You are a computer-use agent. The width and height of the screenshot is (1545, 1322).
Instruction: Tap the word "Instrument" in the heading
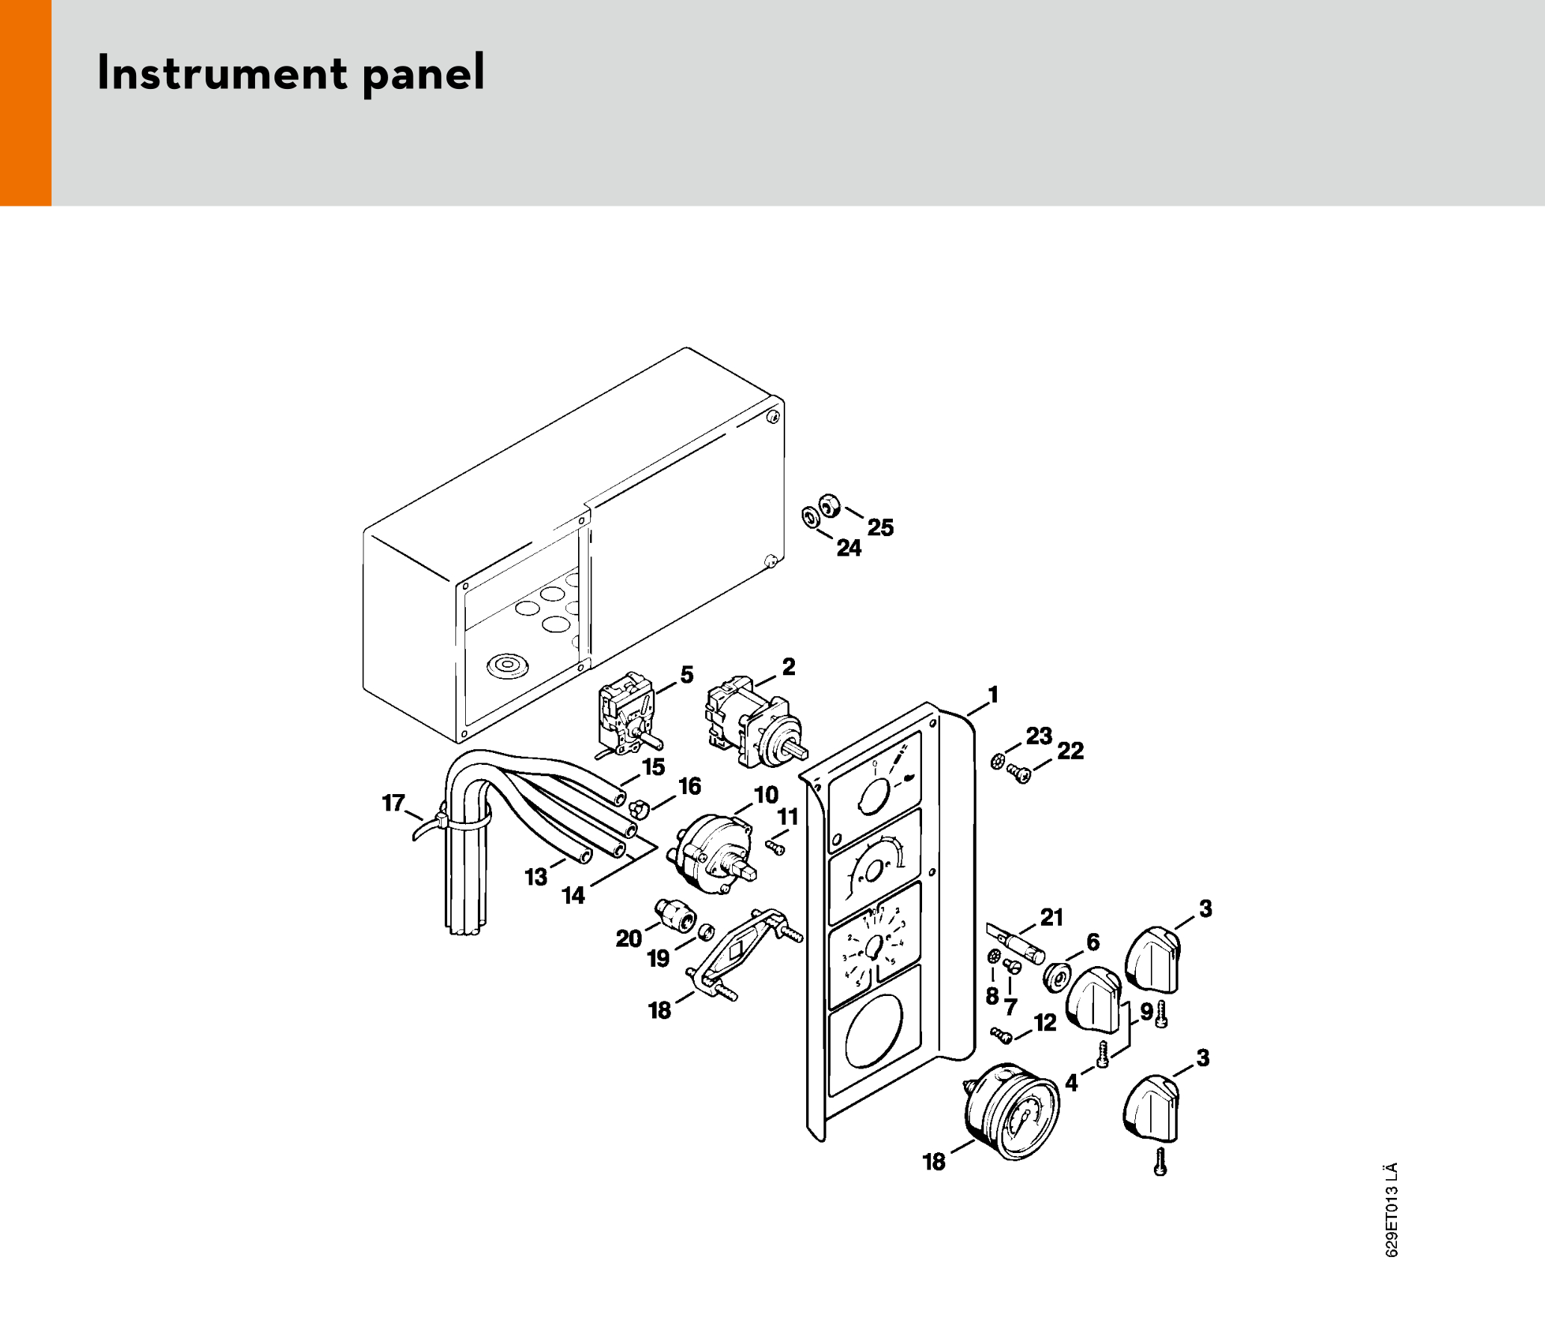(222, 73)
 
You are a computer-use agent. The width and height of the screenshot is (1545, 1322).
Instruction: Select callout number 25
(880, 528)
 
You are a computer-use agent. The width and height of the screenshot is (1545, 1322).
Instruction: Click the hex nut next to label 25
(829, 505)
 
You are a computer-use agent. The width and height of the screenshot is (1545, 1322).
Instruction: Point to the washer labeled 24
(810, 517)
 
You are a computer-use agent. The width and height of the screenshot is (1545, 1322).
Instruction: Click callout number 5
(687, 674)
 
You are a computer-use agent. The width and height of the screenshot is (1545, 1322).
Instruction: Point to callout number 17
(393, 803)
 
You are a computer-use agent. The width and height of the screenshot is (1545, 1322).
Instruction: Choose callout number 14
(573, 895)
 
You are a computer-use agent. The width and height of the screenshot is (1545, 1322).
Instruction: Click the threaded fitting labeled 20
(675, 915)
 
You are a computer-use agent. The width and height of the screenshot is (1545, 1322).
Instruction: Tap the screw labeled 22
(1019, 774)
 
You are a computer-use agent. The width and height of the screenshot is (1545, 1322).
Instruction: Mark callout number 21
(1051, 917)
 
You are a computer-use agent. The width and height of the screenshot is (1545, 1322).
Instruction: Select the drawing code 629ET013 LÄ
(1392, 1210)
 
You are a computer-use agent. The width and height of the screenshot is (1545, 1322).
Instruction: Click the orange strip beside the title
(25, 102)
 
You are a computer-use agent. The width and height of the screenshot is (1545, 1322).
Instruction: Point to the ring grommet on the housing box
(508, 665)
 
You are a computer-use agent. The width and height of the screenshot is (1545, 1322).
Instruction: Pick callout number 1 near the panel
(993, 695)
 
